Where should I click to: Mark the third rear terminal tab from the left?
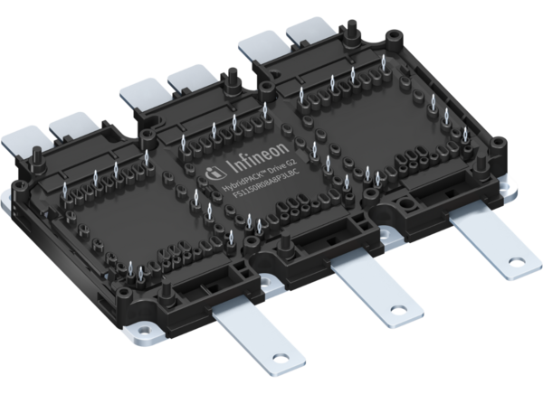[142, 92]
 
